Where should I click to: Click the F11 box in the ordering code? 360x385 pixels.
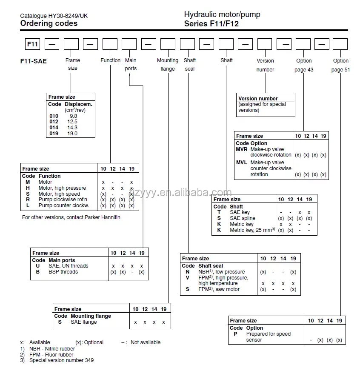(x=32, y=44)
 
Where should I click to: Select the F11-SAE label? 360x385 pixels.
(x=34, y=61)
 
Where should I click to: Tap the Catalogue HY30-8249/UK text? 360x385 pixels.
(x=54, y=16)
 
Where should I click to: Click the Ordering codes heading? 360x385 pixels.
(x=49, y=23)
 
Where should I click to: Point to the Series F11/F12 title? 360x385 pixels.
(x=211, y=24)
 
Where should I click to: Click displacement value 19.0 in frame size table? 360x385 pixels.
(x=72, y=134)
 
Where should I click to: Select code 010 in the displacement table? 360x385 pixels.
(x=54, y=116)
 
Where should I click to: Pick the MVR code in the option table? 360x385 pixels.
(x=242, y=149)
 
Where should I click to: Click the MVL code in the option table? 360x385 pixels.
(x=242, y=163)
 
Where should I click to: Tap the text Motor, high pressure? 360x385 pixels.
(x=62, y=188)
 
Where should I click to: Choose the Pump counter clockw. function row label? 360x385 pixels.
(x=63, y=205)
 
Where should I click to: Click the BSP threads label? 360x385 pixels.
(x=63, y=272)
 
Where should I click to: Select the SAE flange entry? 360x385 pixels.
(x=83, y=322)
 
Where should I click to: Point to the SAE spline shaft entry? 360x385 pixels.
(x=243, y=218)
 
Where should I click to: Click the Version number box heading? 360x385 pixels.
(x=258, y=99)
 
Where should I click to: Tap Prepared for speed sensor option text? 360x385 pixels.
(x=268, y=337)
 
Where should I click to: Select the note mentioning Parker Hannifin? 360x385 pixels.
(x=71, y=217)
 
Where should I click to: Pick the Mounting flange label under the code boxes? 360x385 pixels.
(x=168, y=65)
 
